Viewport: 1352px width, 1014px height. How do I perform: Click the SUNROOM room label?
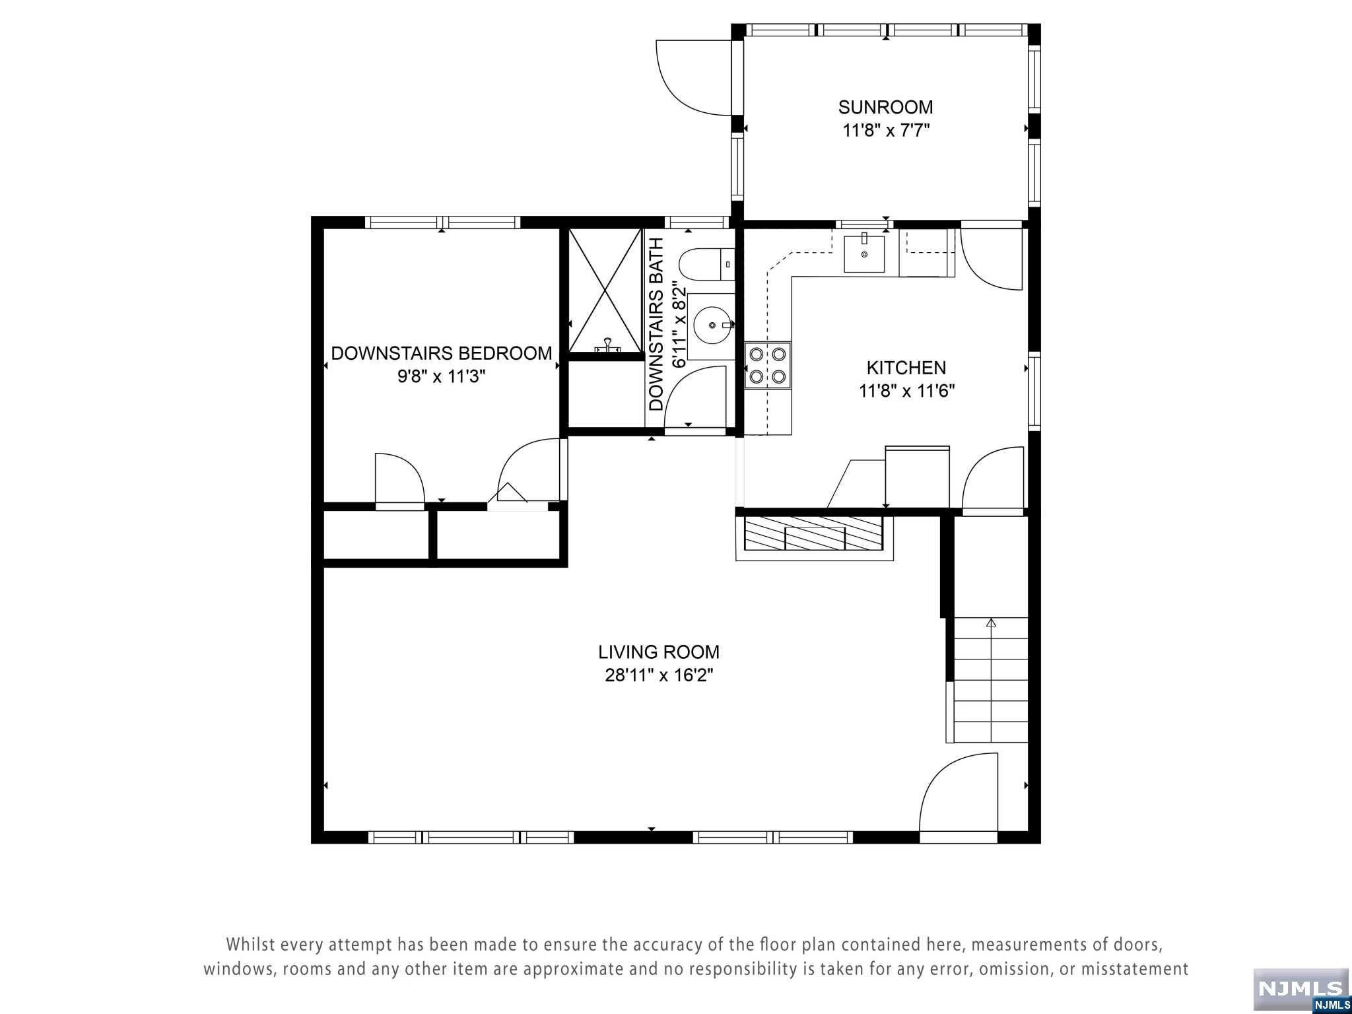click(885, 107)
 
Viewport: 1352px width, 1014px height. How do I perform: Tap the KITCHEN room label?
click(906, 368)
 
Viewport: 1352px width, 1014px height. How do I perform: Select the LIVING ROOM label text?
click(658, 652)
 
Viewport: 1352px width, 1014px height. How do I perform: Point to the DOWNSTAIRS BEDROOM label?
click(441, 353)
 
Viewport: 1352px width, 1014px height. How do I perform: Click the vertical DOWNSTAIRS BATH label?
click(656, 324)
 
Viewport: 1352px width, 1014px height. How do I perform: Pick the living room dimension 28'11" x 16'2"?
click(659, 676)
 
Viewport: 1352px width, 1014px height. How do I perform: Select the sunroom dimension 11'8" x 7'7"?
click(885, 131)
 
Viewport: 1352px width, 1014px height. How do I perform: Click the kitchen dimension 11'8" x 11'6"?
click(906, 391)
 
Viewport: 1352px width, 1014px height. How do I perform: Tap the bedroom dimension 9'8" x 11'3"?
click(441, 377)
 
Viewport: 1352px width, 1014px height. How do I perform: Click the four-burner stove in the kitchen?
click(768, 366)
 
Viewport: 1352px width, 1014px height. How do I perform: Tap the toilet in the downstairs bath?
click(706, 266)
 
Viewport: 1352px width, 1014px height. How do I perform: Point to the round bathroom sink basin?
click(713, 325)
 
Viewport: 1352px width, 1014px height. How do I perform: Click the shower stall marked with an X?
click(605, 291)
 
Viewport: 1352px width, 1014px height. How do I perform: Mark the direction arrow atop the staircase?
click(990, 623)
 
